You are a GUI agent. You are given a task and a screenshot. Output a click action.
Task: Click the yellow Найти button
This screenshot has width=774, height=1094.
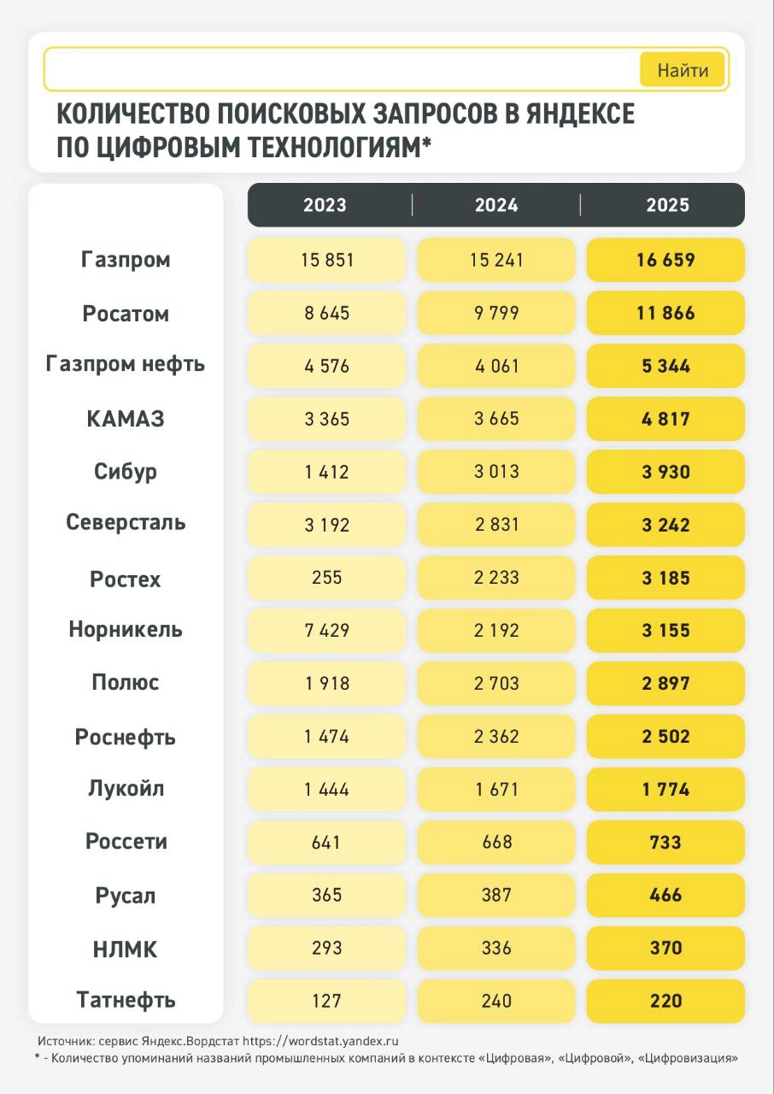coord(682,70)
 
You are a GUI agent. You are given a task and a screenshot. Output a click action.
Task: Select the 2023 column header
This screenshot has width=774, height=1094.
coord(325,205)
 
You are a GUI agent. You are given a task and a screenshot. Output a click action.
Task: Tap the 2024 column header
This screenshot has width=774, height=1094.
coord(496,205)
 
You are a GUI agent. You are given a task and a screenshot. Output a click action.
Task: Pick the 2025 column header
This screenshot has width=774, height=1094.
coord(666,205)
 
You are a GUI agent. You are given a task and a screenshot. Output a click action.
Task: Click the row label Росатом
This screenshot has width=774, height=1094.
coord(126,314)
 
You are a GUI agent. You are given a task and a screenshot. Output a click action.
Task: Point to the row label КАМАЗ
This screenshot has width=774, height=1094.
coord(126,420)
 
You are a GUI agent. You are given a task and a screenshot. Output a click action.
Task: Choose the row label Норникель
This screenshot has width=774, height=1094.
coord(126,631)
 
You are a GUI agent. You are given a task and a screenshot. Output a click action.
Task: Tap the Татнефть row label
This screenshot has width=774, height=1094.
coord(126,1000)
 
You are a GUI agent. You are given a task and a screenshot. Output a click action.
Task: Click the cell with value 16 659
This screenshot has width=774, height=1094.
coord(666,260)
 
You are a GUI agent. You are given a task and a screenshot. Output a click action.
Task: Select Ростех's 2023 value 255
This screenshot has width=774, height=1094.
coord(326,578)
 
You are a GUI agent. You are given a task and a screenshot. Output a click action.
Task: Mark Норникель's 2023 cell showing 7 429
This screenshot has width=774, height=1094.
coord(326,631)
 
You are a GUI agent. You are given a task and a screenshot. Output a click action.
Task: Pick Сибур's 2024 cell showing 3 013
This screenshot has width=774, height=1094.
coord(496,472)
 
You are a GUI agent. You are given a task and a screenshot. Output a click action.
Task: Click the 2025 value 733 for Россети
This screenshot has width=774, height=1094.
coord(666,843)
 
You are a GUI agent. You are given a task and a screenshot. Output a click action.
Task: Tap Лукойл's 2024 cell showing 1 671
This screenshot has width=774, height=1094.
coord(496,790)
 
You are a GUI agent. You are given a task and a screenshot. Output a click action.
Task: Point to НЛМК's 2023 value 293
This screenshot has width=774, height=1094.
coord(326,948)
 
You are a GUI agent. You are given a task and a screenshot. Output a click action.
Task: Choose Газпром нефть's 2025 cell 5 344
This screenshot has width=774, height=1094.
coord(666,367)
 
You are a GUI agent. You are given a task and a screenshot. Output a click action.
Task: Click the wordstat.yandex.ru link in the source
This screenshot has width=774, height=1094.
coord(320,1042)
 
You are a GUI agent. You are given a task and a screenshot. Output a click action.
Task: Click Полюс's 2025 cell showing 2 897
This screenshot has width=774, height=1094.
coord(666,684)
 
